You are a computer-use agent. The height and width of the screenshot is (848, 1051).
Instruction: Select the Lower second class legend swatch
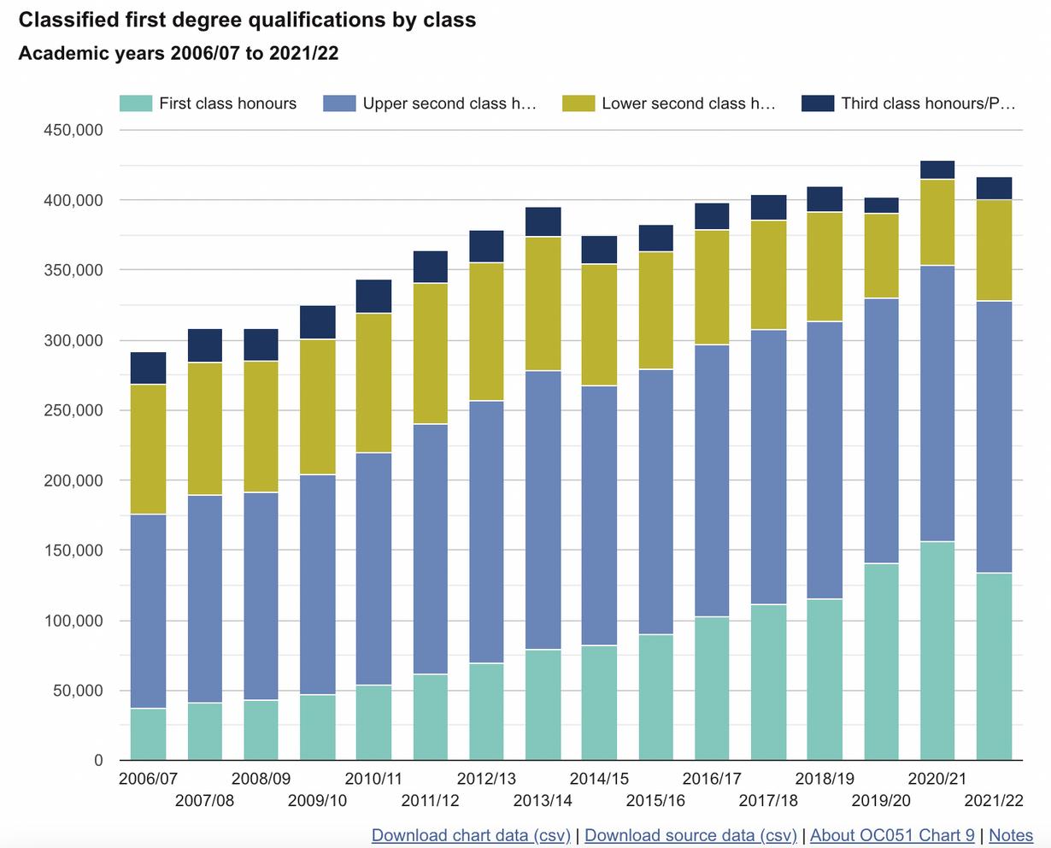coord(578,103)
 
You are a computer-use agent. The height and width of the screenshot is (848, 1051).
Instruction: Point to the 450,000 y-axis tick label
coord(73,130)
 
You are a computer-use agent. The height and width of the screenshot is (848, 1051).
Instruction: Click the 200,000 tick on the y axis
coord(73,480)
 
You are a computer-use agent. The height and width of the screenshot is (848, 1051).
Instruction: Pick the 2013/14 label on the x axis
coord(543,801)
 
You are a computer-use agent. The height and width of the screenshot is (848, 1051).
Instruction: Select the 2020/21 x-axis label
coord(937,779)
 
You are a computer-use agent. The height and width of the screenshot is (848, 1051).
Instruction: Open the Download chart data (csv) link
coord(471,835)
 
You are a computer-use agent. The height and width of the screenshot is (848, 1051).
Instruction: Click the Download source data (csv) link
coord(690,835)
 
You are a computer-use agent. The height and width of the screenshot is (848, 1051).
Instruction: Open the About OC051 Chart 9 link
coord(892,835)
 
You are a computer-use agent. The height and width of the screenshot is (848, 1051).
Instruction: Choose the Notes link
coord(1011,835)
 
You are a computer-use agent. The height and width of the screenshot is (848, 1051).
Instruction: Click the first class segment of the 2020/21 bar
coord(937,651)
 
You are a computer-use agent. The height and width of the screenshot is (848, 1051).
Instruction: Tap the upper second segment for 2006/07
coord(148,611)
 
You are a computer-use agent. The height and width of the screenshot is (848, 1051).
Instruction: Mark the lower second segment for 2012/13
coord(486,332)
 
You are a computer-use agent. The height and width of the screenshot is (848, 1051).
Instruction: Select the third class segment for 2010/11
coord(373,297)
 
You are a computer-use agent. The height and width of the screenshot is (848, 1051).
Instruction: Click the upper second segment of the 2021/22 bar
coord(994,437)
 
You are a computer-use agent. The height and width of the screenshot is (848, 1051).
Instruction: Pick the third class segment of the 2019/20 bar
coord(881,205)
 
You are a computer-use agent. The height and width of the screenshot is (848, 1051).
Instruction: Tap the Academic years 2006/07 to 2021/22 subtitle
coord(179,53)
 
